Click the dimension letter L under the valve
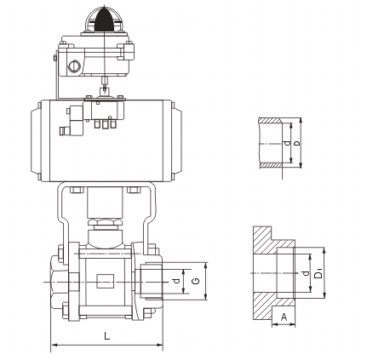106,336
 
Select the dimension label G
195,281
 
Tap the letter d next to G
176,281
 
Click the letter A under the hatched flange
284,317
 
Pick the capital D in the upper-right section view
296,143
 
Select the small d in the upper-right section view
288,143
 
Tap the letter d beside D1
306,273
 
